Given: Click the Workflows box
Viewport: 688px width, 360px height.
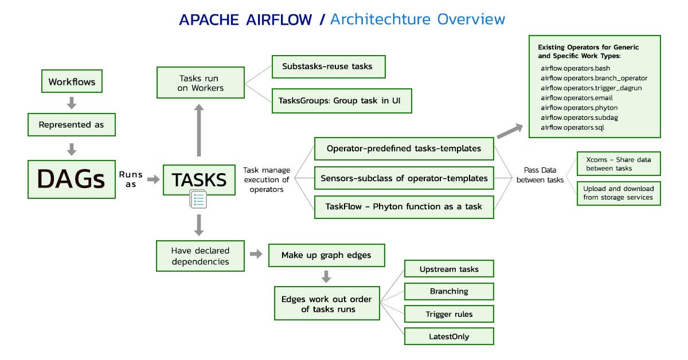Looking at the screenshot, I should [x=72, y=81].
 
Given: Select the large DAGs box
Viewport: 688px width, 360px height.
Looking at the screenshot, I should [x=72, y=179].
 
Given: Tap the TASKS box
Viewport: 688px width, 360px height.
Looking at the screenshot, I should [x=200, y=179].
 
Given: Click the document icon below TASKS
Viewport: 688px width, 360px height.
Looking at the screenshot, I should [x=198, y=200].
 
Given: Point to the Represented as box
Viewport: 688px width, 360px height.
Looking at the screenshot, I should [x=72, y=124].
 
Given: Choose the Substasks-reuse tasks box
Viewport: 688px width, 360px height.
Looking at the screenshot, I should [x=327, y=66].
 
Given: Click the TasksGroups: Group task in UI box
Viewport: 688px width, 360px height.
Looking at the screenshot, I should [x=341, y=100].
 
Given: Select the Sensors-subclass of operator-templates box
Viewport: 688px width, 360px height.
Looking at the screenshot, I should [x=404, y=178].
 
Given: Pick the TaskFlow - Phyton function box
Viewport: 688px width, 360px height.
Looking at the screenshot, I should [x=404, y=206].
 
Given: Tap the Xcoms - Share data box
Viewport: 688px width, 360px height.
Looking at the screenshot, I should [x=618, y=163].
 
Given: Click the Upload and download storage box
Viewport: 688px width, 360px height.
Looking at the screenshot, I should [x=618, y=193].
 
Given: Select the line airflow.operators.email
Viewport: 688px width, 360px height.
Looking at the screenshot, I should [x=573, y=97].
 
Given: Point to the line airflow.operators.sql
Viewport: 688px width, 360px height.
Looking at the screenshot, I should [x=569, y=127].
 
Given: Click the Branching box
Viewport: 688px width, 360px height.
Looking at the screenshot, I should [x=449, y=291].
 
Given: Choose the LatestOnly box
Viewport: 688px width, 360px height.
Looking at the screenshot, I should [x=449, y=336].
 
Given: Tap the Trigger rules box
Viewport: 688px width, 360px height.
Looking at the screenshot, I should [x=449, y=314].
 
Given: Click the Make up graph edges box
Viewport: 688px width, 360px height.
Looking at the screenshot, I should [x=326, y=255].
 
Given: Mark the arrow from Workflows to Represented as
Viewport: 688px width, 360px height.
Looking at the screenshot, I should [x=72, y=103].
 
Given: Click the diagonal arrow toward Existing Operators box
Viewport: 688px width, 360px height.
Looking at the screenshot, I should [x=509, y=131].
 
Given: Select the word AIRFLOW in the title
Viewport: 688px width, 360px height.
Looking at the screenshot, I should [x=280, y=19].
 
